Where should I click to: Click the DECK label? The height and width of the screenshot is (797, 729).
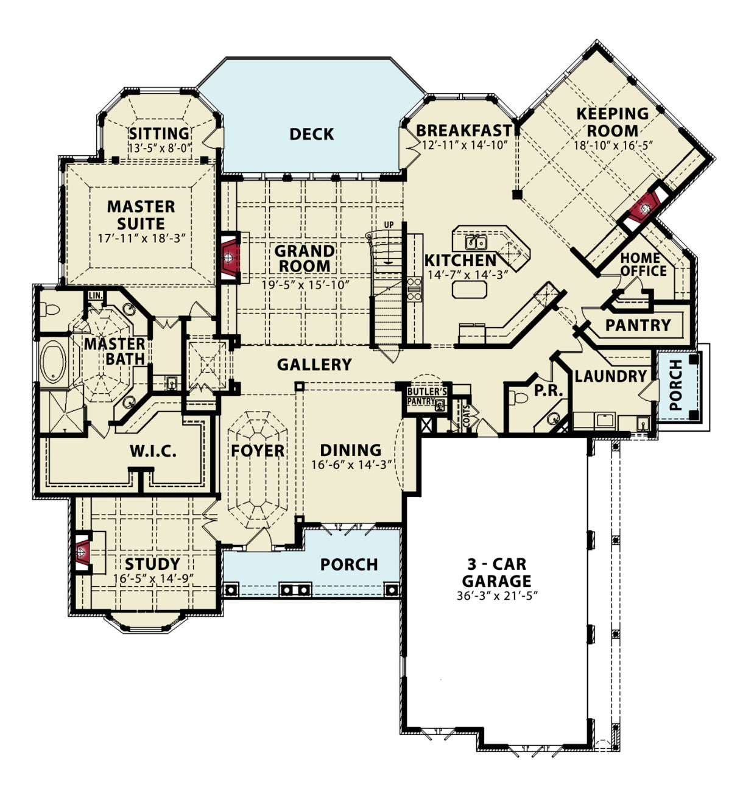(312, 135)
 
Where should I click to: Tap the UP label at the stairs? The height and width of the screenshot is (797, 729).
(389, 225)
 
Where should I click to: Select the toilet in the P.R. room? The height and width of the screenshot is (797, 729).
(518, 397)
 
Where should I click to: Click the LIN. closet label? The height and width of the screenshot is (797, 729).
(96, 295)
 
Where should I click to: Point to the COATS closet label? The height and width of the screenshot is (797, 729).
(467, 416)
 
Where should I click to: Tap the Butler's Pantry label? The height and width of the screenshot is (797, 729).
(426, 396)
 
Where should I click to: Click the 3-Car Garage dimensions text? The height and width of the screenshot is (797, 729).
(497, 596)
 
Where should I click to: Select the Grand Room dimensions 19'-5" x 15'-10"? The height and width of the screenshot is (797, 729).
(305, 284)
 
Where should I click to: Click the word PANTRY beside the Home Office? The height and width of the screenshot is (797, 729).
(638, 325)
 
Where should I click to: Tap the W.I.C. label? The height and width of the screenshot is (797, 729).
(153, 451)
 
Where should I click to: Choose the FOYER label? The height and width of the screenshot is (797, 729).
(258, 451)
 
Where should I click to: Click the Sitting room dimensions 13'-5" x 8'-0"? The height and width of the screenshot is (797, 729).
(160, 148)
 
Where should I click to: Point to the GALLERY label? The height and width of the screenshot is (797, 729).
(314, 364)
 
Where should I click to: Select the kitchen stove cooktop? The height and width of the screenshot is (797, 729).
(414, 289)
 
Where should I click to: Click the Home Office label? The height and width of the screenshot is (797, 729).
(643, 265)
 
